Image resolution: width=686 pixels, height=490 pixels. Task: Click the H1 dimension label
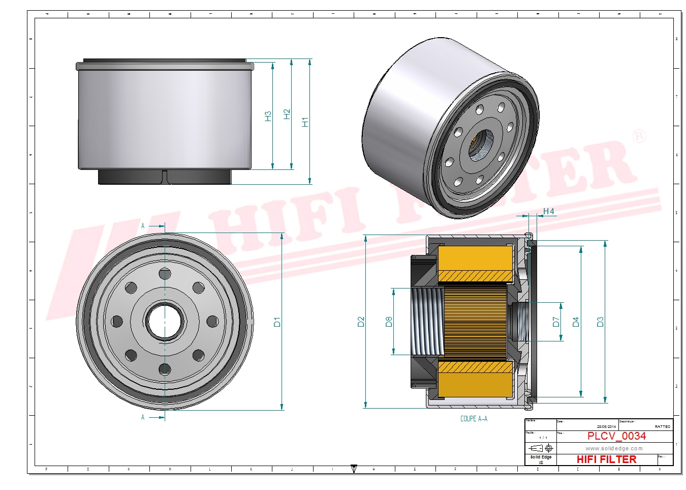[x=305, y=122]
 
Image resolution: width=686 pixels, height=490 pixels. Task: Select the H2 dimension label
[x=287, y=114]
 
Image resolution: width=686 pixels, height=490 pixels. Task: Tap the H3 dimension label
[x=268, y=116]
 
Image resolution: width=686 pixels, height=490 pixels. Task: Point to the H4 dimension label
[x=548, y=211]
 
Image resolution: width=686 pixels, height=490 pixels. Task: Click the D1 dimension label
[x=277, y=322]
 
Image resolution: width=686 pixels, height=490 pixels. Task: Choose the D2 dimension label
[x=361, y=322]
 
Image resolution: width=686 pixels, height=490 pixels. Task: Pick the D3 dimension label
[x=600, y=322]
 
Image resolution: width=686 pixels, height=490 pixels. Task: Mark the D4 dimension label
[x=576, y=322]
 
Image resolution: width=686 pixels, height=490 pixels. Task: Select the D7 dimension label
[x=556, y=322]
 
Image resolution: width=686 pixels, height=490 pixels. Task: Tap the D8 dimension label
[x=389, y=322]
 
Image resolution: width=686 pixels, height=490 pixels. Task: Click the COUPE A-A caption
[x=474, y=419]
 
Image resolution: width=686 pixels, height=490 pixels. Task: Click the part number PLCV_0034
[x=616, y=436]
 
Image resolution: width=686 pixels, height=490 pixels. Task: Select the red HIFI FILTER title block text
[x=606, y=459]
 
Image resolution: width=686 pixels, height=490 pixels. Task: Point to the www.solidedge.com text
[x=614, y=448]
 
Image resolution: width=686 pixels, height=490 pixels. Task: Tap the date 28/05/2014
[x=606, y=427]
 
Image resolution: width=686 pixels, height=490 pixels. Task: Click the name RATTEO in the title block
[x=662, y=427]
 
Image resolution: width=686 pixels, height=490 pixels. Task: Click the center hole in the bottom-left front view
[x=165, y=322]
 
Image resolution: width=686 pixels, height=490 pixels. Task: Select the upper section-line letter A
[x=143, y=226]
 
